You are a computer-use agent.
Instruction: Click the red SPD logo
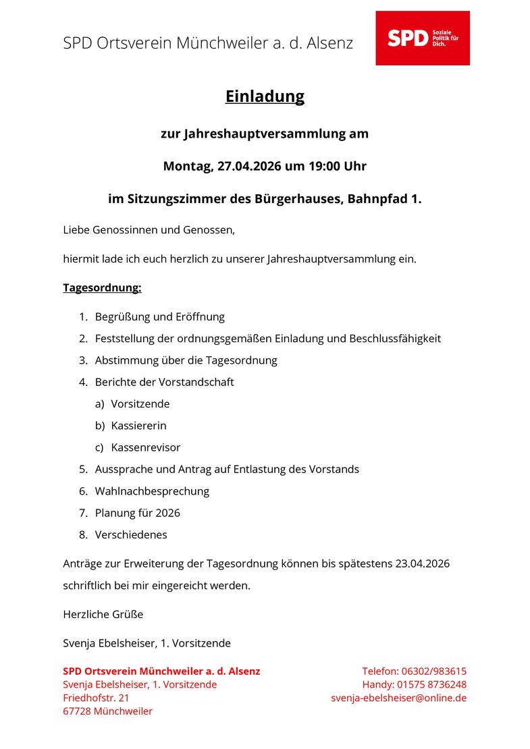(422, 38)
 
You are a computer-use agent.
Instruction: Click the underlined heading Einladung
(265, 96)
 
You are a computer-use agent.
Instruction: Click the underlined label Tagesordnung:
(102, 288)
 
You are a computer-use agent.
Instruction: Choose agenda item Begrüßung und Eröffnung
(159, 316)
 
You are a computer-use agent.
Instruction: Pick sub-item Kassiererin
(138, 426)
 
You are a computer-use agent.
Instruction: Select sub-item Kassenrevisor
(145, 447)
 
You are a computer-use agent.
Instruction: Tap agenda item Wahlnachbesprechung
(152, 491)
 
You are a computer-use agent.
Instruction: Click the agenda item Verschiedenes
(131, 534)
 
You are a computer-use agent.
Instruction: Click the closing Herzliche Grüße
(103, 615)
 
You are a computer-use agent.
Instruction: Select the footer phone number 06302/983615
(433, 671)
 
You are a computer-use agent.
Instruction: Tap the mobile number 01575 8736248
(430, 684)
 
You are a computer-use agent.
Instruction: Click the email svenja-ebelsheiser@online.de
(398, 698)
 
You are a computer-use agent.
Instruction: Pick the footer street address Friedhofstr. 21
(96, 698)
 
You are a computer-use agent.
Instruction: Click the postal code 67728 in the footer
(77, 711)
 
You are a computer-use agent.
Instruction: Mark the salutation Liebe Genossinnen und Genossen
(149, 230)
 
